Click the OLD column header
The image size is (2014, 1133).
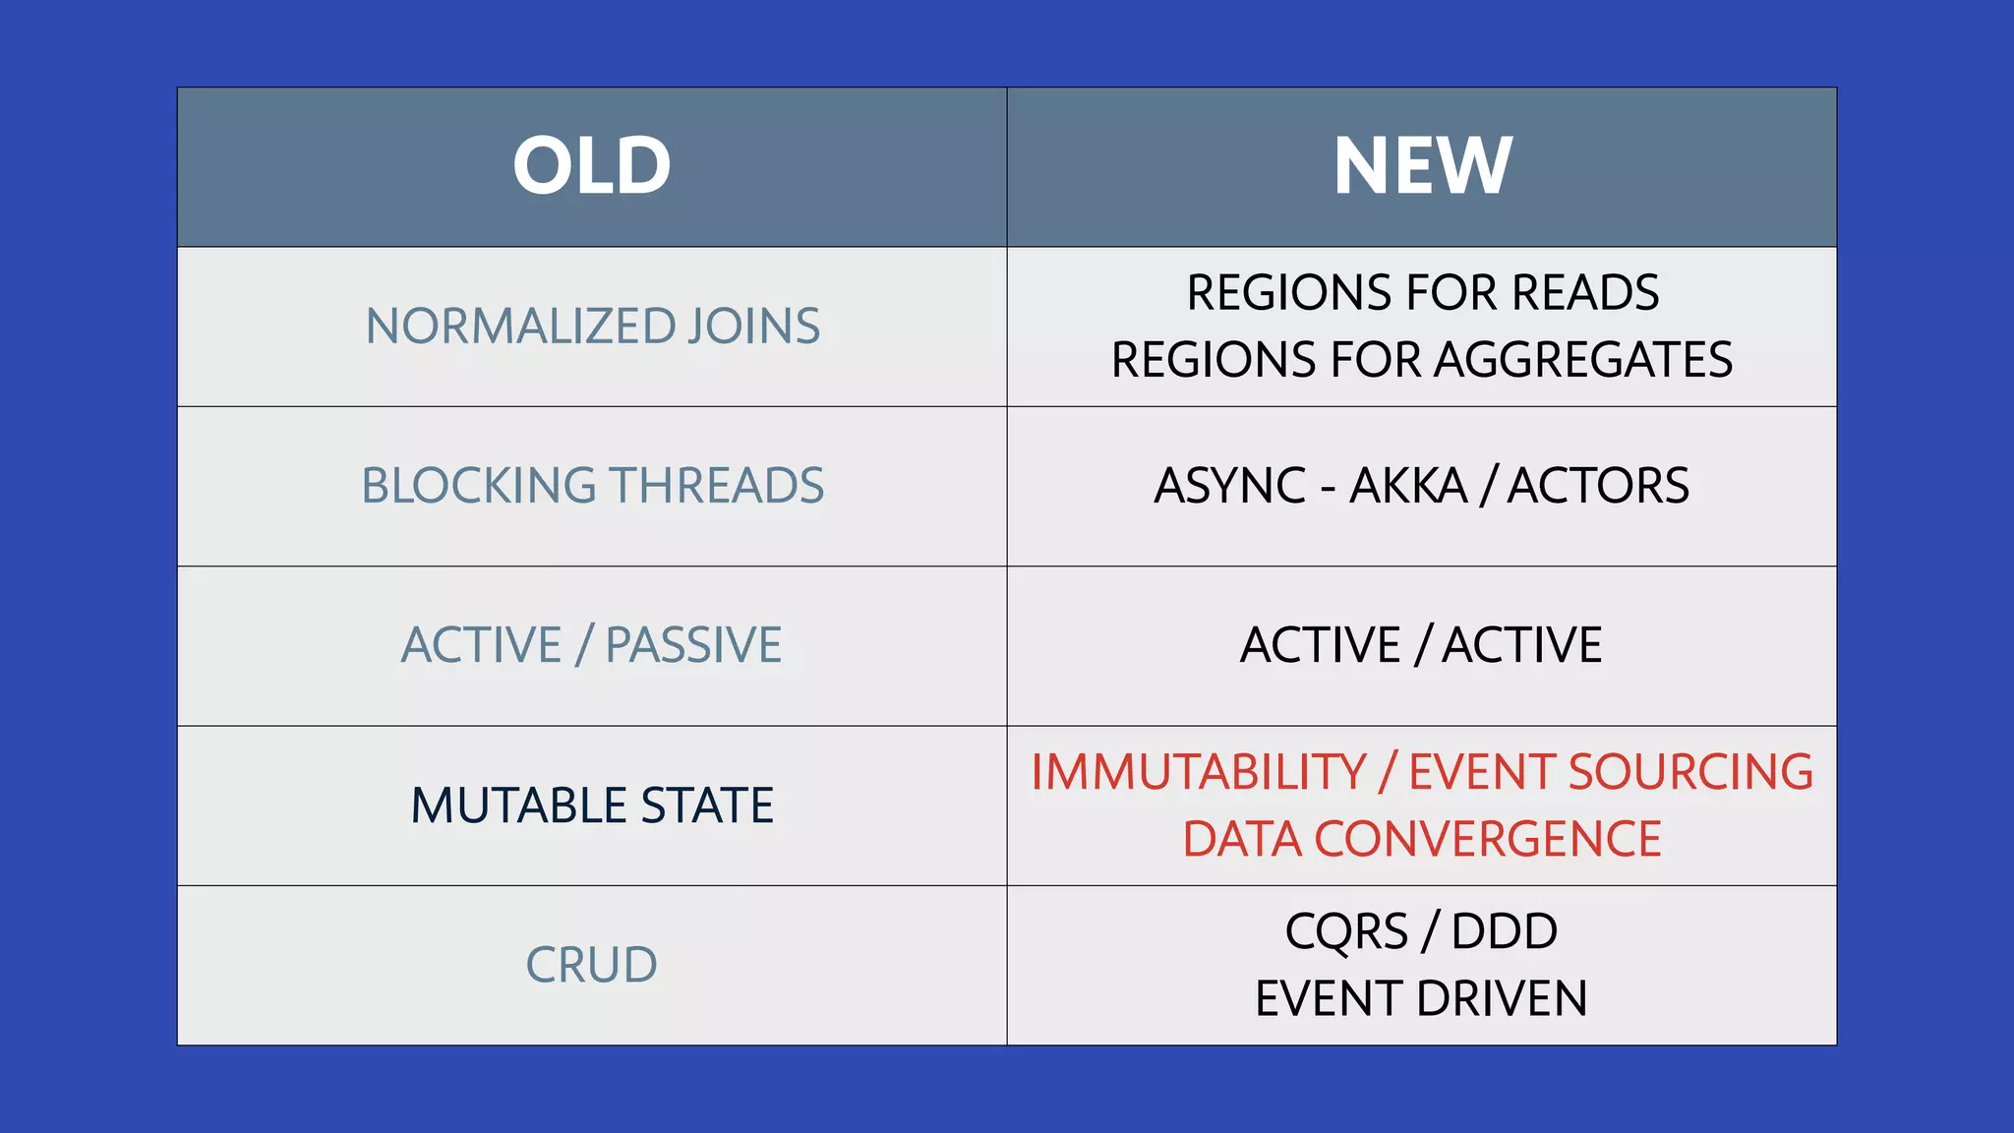tap(592, 165)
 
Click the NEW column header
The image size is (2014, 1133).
tap(1422, 165)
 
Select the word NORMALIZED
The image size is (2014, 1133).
tap(520, 327)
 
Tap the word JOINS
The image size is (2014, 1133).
tap(753, 327)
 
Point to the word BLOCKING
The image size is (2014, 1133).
tap(479, 486)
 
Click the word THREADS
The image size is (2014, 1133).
tap(717, 486)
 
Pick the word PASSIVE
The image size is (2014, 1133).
tap(693, 645)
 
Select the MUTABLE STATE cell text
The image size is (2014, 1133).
tap(592, 805)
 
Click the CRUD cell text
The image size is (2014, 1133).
tap(591, 965)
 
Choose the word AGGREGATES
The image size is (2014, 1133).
tap(1582, 360)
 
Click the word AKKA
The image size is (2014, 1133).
tap(1407, 486)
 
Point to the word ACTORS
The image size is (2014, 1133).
tap(1598, 486)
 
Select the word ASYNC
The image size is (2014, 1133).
tap(1230, 486)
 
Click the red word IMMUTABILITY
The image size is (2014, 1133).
tap(1198, 772)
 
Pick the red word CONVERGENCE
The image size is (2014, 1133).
tap(1487, 840)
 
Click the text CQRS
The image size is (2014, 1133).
tap(1346, 931)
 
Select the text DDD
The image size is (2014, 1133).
tap(1505, 931)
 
